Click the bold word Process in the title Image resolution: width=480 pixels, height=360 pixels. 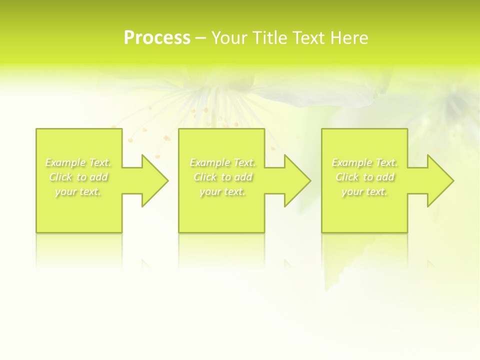157,38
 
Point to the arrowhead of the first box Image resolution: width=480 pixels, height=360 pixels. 153,180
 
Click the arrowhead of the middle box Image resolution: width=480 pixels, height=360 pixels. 295,180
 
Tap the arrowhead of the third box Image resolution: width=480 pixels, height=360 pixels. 438,180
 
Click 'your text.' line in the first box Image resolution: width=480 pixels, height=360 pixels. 78,191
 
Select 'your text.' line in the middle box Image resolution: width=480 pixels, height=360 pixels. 222,191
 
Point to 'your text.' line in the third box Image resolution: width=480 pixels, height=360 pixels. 364,191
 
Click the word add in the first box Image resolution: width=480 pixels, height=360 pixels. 99,177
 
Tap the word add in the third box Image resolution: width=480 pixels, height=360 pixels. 386,177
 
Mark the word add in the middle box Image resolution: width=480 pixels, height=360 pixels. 244,177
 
